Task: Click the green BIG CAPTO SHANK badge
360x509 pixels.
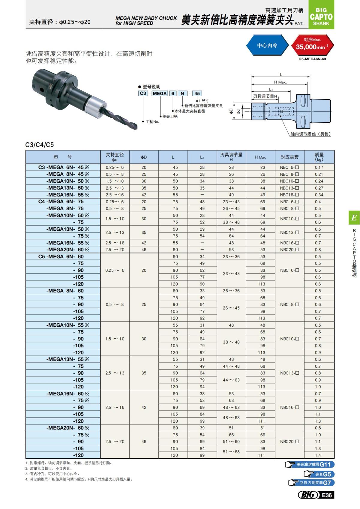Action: point(321,17)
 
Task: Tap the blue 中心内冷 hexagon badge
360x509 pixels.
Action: point(267,46)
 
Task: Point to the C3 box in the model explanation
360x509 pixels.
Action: point(143,93)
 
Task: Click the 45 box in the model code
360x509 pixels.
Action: point(197,93)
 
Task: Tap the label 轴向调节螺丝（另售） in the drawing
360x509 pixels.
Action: point(310,134)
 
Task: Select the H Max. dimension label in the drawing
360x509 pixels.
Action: point(280,82)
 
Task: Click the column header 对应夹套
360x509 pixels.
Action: point(289,157)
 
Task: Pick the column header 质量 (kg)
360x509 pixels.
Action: point(319,157)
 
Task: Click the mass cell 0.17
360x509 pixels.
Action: point(319,167)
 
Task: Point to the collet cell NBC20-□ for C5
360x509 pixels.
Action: point(289,442)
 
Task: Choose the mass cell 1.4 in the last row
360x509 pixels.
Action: point(318,455)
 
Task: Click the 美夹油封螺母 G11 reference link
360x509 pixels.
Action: point(310,465)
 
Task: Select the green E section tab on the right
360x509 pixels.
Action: point(354,217)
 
